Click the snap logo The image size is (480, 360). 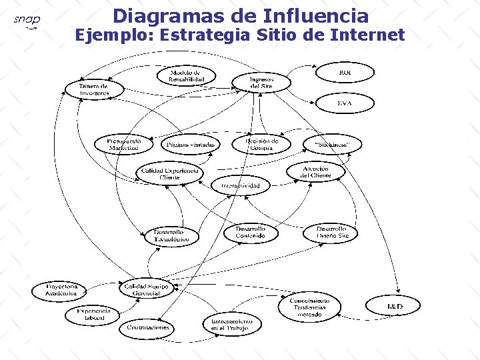pos(27,21)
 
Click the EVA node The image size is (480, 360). pos(344,103)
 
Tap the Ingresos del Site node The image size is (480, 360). pos(261,82)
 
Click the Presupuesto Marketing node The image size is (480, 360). pos(124,144)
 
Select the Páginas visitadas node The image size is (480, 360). pos(191,144)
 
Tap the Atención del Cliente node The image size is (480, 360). pos(316,171)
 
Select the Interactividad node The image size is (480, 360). pos(241,185)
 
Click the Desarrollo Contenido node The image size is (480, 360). pos(250,232)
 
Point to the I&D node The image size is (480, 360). pos(395,306)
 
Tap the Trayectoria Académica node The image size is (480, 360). pos(61,290)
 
